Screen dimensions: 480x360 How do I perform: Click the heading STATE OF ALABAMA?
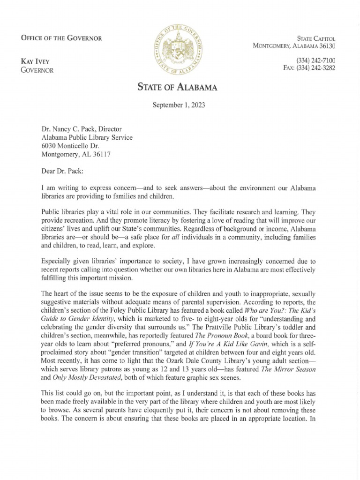pos(177,87)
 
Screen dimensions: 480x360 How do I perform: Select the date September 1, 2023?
pos(179,105)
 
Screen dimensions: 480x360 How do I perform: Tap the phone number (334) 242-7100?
pos(315,60)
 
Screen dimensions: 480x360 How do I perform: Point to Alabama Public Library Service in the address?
pos(87,137)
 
